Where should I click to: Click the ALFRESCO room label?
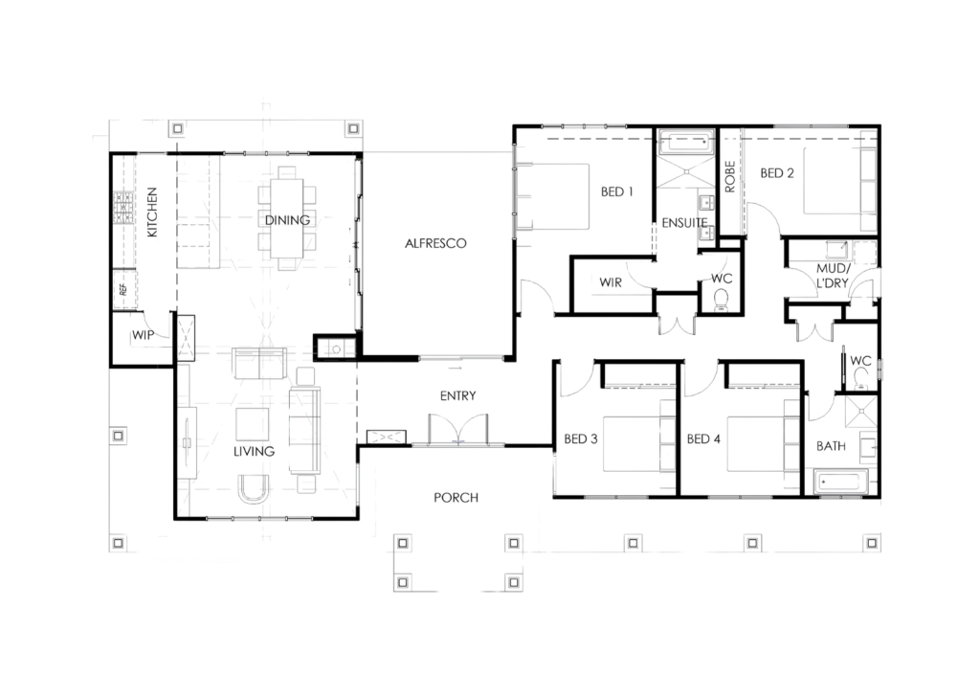coord(435,243)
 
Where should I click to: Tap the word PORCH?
coord(456,498)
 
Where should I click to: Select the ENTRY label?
coord(457,395)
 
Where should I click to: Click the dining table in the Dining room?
coord(287,219)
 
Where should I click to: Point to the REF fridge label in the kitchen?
coord(123,289)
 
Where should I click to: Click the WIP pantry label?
coord(143,335)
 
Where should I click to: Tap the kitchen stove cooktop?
coord(123,208)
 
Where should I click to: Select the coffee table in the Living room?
coord(253,425)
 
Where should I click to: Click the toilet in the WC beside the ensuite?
coord(722,299)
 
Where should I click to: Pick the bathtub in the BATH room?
coord(840,483)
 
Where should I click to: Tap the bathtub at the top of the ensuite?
coord(685,142)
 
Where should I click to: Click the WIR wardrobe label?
coord(610,282)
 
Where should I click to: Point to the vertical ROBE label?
coord(729,176)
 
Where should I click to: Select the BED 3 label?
coord(581,439)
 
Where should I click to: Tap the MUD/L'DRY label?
coord(833,276)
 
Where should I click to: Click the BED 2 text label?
coord(777,173)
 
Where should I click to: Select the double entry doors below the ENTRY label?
coord(458,429)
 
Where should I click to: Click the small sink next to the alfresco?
coord(336,348)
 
